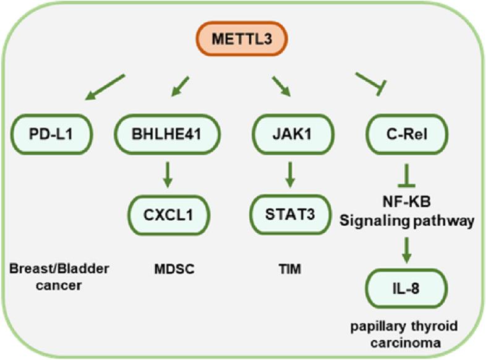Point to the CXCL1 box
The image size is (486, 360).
pyautogui.click(x=165, y=215)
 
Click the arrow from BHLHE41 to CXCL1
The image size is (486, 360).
pyautogui.click(x=165, y=176)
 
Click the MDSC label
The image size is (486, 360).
pyautogui.click(x=165, y=270)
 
